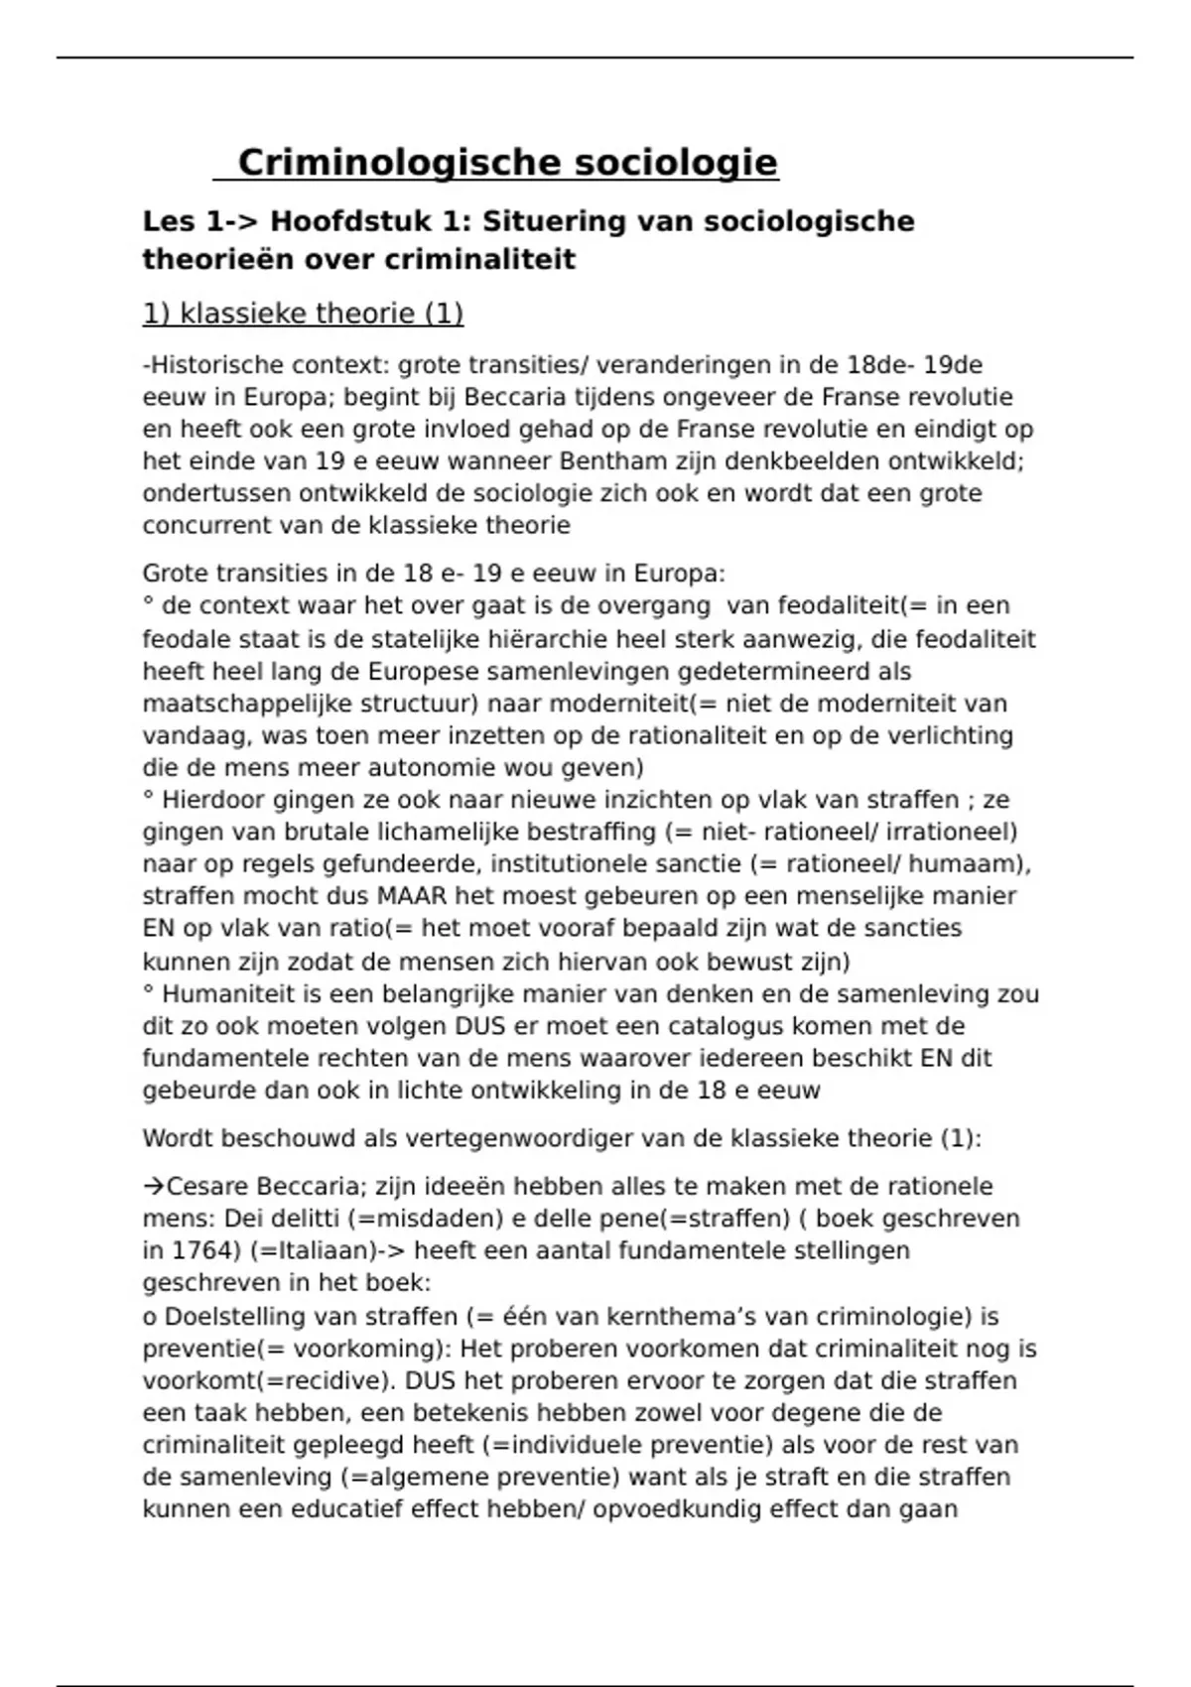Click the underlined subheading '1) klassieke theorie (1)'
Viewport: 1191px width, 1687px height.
pos(303,314)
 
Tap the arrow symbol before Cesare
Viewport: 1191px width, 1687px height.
pos(153,1187)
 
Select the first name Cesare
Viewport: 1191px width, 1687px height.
pos(207,1187)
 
